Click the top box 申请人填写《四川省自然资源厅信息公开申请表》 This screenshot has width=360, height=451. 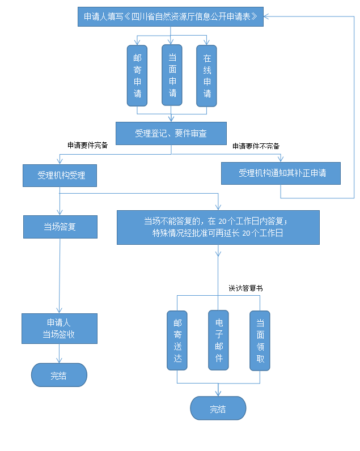pos(171,16)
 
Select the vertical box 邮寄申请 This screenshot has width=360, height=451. pos(137,75)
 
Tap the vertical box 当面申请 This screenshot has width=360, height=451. pos(172,75)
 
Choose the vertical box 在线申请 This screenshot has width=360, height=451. pos(207,75)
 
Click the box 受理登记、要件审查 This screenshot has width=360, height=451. pos(171,133)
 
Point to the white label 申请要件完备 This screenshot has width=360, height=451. pos(88,145)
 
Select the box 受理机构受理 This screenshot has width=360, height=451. pos(60,175)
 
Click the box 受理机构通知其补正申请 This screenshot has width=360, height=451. pos(281,173)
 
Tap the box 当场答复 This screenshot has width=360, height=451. pos(60,227)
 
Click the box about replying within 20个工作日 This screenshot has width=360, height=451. pos(218,227)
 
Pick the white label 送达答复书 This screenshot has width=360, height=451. pos(246,288)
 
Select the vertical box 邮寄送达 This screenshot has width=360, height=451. pos(177,341)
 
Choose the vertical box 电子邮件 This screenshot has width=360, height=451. pos(219,340)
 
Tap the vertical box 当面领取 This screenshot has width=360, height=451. pos(260,341)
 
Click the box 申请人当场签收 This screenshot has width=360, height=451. pos(60,329)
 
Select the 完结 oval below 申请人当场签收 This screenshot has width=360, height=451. pos(59,375)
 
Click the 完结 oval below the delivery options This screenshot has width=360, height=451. pos(218,409)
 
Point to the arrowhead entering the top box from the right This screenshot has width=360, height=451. pos(267,16)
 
